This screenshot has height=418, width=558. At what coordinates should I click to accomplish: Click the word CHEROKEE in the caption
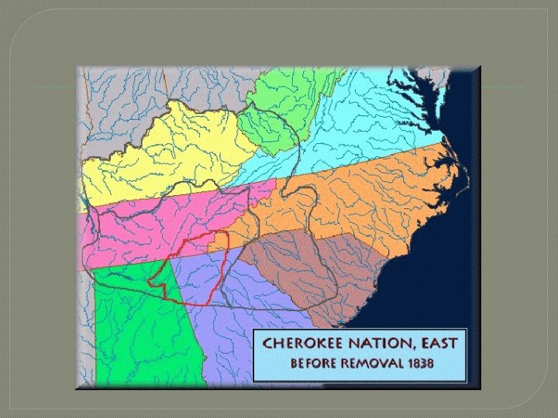tap(299, 342)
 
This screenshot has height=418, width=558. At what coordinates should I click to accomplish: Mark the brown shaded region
tap(310, 263)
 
